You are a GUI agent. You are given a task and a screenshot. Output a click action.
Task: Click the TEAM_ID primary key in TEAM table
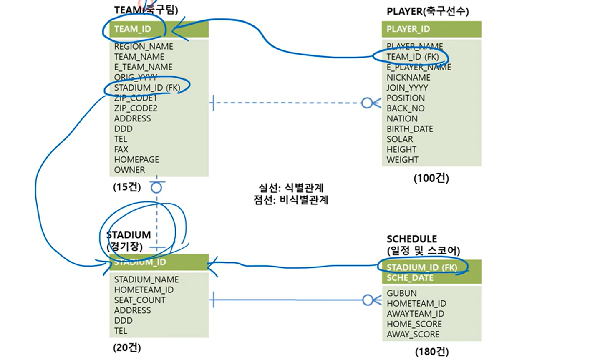[133, 29]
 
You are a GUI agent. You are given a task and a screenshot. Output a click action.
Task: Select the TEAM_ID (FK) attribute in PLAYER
[412, 57]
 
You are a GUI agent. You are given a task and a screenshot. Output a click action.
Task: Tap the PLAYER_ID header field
[408, 29]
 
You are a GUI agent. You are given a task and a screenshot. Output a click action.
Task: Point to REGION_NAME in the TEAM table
[144, 46]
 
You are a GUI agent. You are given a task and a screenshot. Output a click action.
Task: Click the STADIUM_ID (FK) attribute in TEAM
[147, 88]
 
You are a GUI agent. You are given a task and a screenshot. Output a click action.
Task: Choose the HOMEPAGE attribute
[136, 159]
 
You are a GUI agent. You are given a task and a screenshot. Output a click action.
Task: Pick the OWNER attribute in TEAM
[129, 170]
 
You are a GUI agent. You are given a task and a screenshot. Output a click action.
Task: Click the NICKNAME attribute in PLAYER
[408, 77]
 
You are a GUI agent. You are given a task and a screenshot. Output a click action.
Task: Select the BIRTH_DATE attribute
[409, 129]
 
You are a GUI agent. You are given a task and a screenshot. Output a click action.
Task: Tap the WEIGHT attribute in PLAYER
[402, 160]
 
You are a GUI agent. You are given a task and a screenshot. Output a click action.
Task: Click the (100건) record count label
[431, 179]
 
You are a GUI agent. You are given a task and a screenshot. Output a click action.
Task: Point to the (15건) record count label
[127, 187]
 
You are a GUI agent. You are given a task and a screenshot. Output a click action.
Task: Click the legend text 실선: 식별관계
[291, 188]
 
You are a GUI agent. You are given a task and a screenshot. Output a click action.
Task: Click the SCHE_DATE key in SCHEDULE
[410, 278]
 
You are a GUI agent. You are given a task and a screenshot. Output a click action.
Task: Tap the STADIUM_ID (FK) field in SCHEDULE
[421, 267]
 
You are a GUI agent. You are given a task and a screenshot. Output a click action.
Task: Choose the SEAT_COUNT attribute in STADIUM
[139, 300]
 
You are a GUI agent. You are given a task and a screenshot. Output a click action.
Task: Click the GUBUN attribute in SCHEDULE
[401, 293]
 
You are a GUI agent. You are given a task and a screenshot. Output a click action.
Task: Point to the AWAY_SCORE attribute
[413, 334]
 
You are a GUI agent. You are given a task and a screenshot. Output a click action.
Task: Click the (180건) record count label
[431, 352]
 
